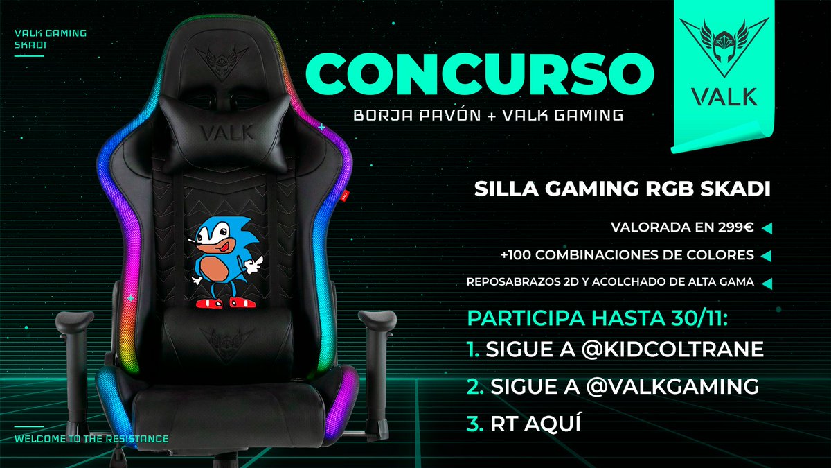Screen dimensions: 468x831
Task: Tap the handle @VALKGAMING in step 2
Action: (662, 387)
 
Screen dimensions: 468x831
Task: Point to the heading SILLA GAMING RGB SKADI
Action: (622, 191)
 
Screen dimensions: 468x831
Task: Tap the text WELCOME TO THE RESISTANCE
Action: (91, 439)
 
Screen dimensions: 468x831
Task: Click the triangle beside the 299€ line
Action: (766, 227)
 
